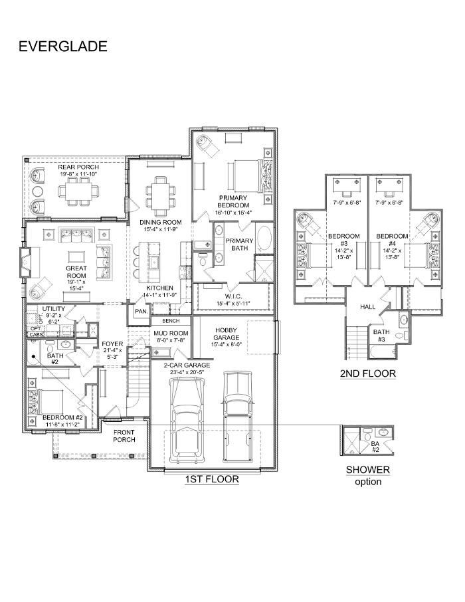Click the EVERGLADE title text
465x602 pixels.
[62, 46]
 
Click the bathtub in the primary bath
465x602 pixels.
[263, 240]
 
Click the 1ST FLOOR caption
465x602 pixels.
[212, 478]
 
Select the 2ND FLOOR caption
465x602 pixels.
[367, 374]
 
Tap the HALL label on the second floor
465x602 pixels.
[368, 307]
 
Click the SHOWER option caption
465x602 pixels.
[367, 475]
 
